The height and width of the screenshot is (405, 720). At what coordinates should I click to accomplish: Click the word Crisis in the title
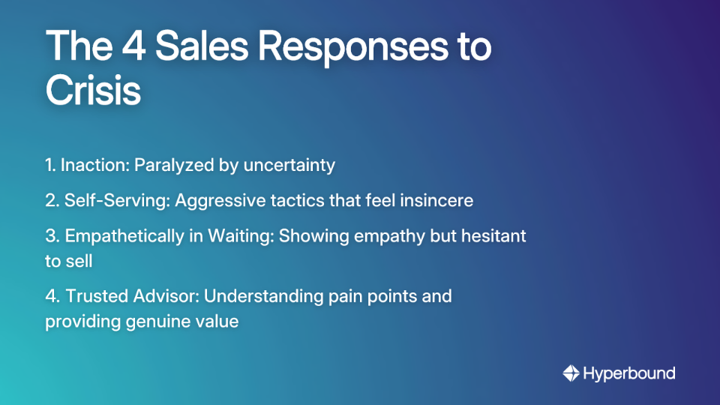93,91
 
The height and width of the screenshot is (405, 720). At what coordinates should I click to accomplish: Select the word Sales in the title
198,46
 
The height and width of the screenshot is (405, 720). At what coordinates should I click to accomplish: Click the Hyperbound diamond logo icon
571,373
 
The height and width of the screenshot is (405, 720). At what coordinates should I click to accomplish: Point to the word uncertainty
289,165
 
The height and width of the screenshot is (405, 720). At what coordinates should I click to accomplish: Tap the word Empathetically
122,235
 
